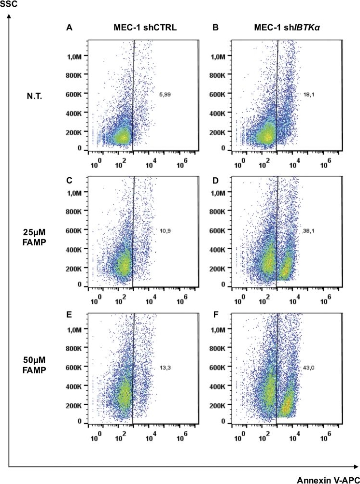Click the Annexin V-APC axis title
pos(332,478)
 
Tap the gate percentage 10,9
pos(165,231)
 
